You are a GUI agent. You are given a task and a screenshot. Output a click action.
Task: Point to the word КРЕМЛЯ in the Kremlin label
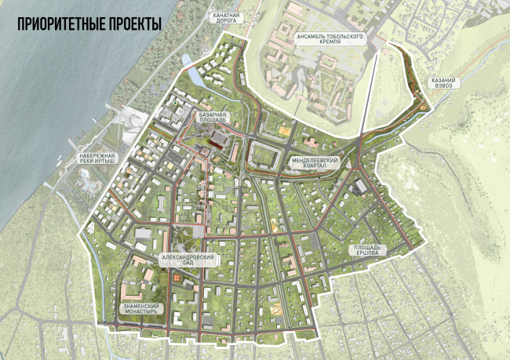tap(330, 47)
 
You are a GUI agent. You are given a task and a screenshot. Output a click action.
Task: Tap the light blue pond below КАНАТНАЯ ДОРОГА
tap(185, 60)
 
